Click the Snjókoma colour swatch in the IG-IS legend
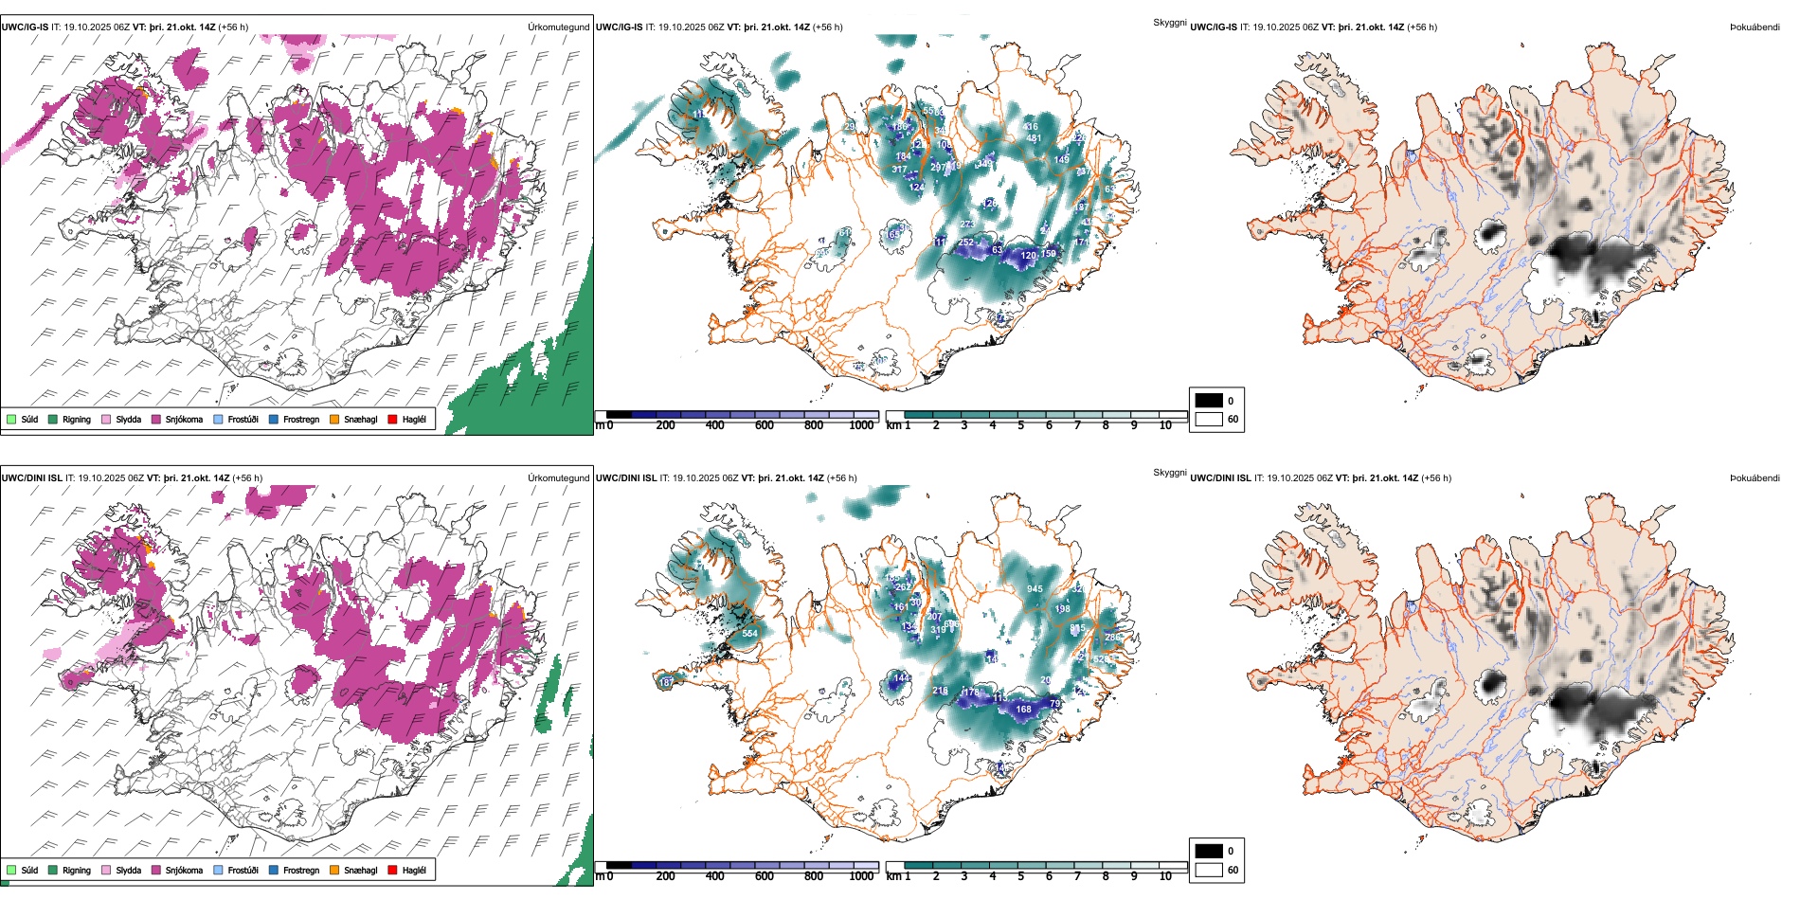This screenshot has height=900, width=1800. tap(156, 419)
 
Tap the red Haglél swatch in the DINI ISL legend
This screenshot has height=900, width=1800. tap(393, 870)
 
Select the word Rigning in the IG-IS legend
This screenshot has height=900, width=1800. tap(77, 419)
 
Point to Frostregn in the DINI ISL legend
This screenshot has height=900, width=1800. tap(301, 870)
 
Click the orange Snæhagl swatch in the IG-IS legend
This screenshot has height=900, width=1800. tap(334, 419)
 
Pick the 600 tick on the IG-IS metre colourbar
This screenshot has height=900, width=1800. tap(764, 425)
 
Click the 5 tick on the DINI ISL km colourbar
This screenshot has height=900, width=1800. tap(1020, 876)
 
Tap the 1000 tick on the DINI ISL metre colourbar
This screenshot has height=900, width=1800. tap(861, 876)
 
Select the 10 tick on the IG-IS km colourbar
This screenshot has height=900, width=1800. tap(1165, 425)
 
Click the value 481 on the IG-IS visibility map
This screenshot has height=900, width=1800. tap(1034, 138)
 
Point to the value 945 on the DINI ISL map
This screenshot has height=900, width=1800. tap(1035, 589)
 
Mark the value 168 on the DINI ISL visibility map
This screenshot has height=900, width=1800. tap(1023, 709)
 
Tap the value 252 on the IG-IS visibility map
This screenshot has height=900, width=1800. tap(965, 243)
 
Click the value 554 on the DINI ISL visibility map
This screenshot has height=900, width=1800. tap(749, 634)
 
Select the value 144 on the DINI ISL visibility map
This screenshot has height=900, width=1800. tap(902, 678)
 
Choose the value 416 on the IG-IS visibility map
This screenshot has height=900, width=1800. tap(1031, 126)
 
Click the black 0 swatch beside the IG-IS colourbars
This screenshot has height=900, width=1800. tap(1209, 401)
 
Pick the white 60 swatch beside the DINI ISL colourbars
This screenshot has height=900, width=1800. tap(1209, 870)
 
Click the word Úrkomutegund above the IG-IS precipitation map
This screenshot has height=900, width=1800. tap(558, 27)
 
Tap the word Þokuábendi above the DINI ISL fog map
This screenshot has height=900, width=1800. tap(1755, 478)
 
